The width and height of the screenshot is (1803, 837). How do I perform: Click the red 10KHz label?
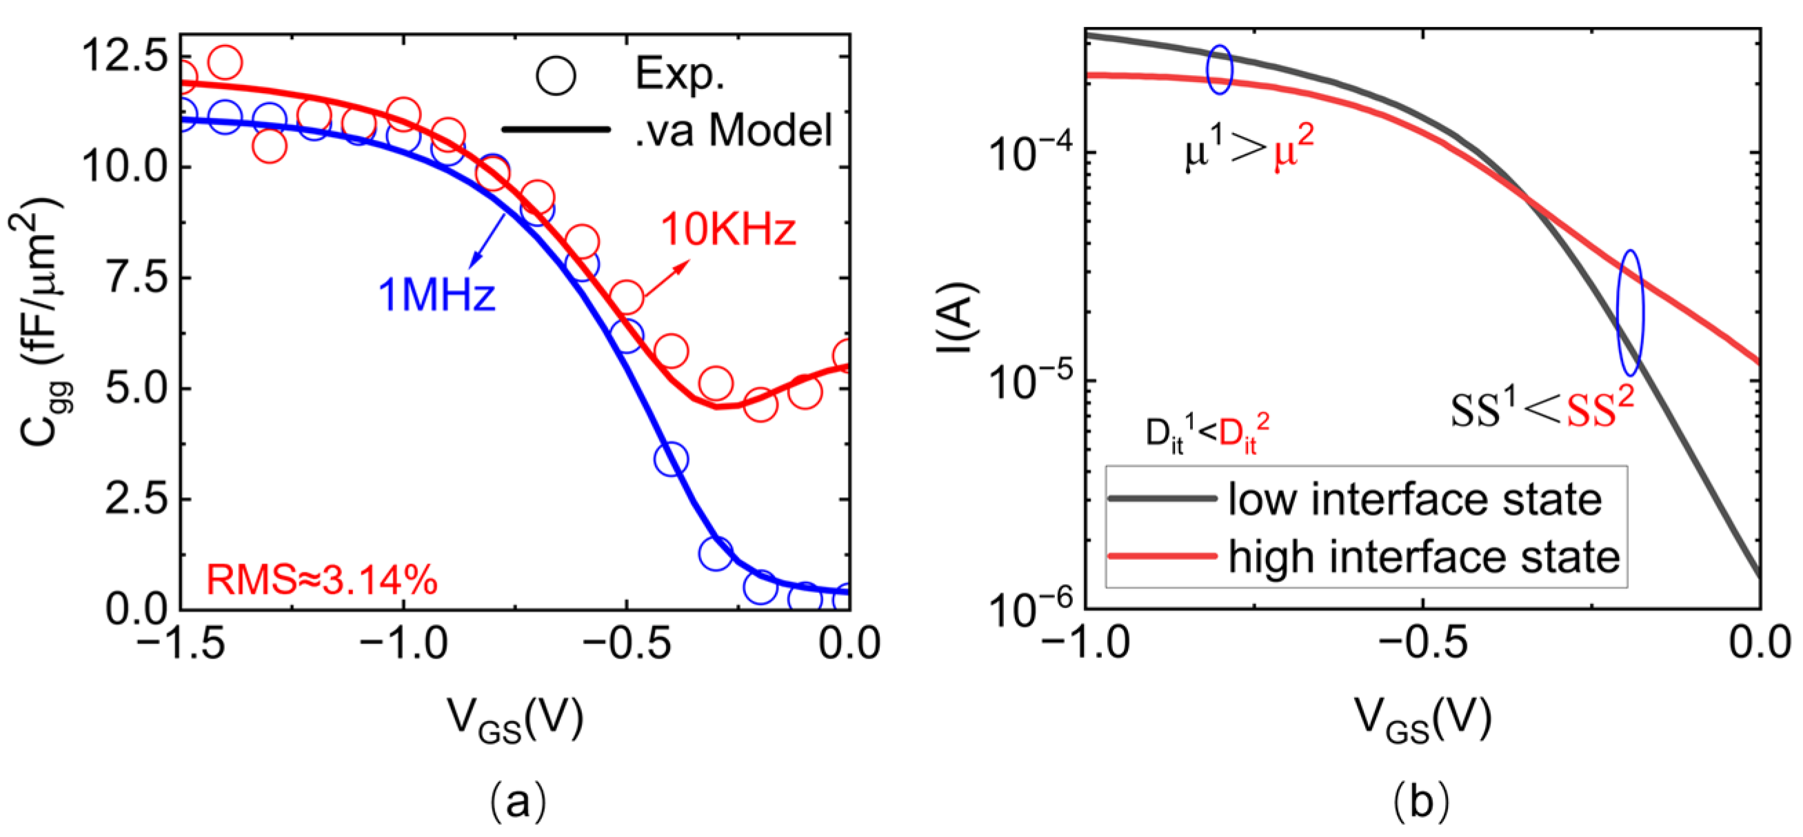pyautogui.click(x=728, y=229)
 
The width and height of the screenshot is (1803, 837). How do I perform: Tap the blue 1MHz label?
pyautogui.click(x=436, y=294)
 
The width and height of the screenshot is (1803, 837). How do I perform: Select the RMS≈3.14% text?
pyautogui.click(x=322, y=580)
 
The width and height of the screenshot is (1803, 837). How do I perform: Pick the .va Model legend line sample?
pyautogui.click(x=556, y=130)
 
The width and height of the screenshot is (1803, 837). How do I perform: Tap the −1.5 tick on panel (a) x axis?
pyautogui.click(x=181, y=643)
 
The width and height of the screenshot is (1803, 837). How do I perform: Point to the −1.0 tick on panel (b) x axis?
pyautogui.click(x=1085, y=643)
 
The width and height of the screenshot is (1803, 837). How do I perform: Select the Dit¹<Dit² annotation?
pyautogui.click(x=1207, y=434)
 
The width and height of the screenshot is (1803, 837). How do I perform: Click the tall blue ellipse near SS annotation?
pyautogui.click(x=1630, y=312)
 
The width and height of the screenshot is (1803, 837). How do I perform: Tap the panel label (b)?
pyautogui.click(x=1421, y=800)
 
